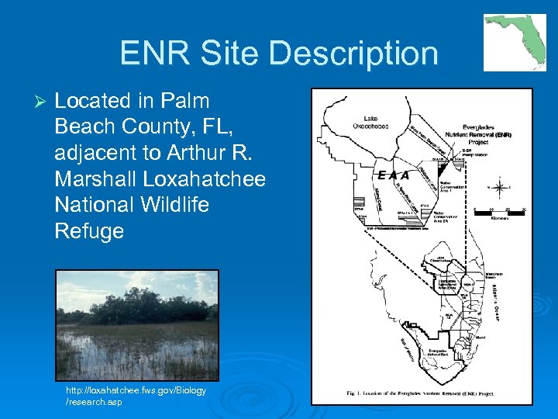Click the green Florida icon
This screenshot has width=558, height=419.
[x=514, y=42]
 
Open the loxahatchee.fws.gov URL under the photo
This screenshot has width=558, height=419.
[x=136, y=396]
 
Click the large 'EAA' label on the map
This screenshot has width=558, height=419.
[x=393, y=175]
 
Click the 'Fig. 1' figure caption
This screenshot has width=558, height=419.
[x=422, y=393]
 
